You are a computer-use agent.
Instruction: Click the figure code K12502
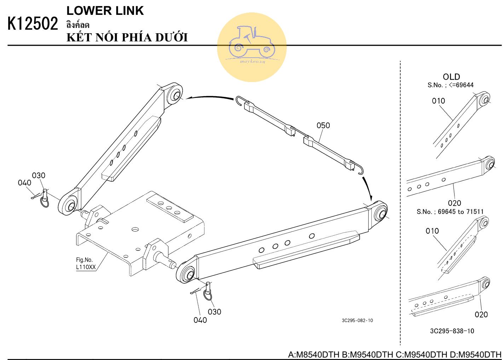[33, 23]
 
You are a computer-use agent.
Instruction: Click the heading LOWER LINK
[105, 11]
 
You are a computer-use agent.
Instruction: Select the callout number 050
[323, 125]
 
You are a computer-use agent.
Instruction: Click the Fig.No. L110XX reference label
[86, 263]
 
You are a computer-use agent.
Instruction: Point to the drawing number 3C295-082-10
[357, 320]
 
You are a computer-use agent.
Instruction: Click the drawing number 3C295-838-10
[452, 331]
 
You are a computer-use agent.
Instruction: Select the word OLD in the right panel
[451, 77]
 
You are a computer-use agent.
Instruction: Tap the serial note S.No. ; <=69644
[450, 85]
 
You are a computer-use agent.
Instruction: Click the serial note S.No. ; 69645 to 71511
[450, 211]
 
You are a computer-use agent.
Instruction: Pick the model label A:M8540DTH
[313, 355]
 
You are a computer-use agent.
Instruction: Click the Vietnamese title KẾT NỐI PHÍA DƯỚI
[127, 37]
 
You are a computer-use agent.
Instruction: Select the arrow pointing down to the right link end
[367, 188]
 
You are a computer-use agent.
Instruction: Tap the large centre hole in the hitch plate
[135, 230]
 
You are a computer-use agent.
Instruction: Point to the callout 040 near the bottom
[200, 320]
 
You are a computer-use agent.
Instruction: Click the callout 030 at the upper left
[39, 175]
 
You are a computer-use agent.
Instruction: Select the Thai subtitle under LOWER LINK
[78, 25]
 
